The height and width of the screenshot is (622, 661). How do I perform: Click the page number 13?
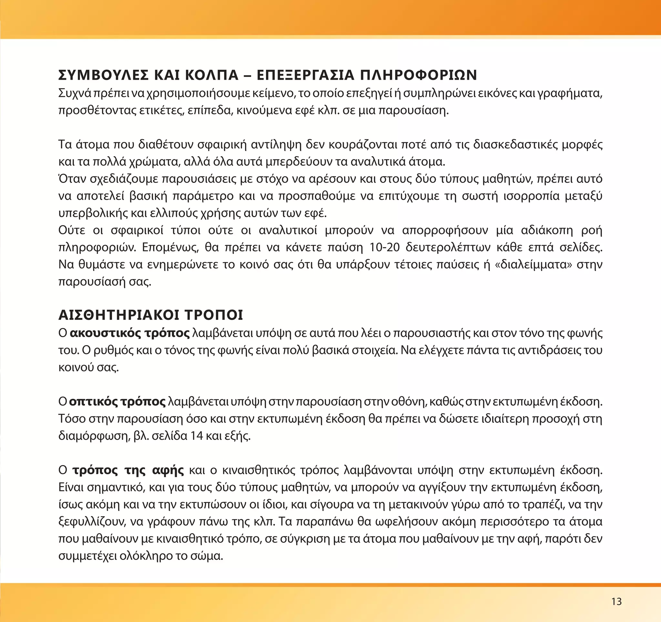pos(616,601)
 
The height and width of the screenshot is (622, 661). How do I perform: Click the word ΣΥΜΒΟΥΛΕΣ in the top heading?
pos(103,75)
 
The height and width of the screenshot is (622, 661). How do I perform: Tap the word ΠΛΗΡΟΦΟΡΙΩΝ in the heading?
pos(419,75)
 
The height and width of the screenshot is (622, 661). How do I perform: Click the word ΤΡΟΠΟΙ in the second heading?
pos(214,315)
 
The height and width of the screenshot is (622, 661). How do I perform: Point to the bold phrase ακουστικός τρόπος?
pos(130,333)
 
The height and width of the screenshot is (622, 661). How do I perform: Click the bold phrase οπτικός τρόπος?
pos(117,401)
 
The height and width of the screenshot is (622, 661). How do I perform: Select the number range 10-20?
pos(384,247)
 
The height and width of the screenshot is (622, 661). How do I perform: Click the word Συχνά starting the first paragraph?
pos(75,93)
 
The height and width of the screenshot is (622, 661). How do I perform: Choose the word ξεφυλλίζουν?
pos(91,522)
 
